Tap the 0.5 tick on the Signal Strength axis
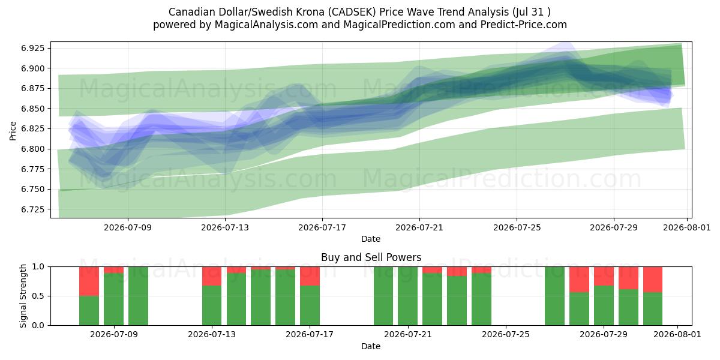coord(38,296)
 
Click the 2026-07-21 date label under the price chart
coord(419,227)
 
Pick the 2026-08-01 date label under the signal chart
coord(677,334)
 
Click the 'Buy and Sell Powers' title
coord(371,257)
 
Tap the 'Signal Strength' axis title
coord(23,296)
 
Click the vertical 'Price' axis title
coord(13,131)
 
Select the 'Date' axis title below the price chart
coord(371,239)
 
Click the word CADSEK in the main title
coord(352,12)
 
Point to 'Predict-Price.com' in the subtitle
coord(524,25)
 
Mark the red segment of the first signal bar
coord(89,281)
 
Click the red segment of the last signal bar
coord(653,280)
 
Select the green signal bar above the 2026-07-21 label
coord(407,296)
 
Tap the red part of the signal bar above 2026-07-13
coord(212,276)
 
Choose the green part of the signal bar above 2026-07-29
coord(604,305)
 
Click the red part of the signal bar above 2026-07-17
coord(310,276)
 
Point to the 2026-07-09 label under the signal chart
coord(114,334)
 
